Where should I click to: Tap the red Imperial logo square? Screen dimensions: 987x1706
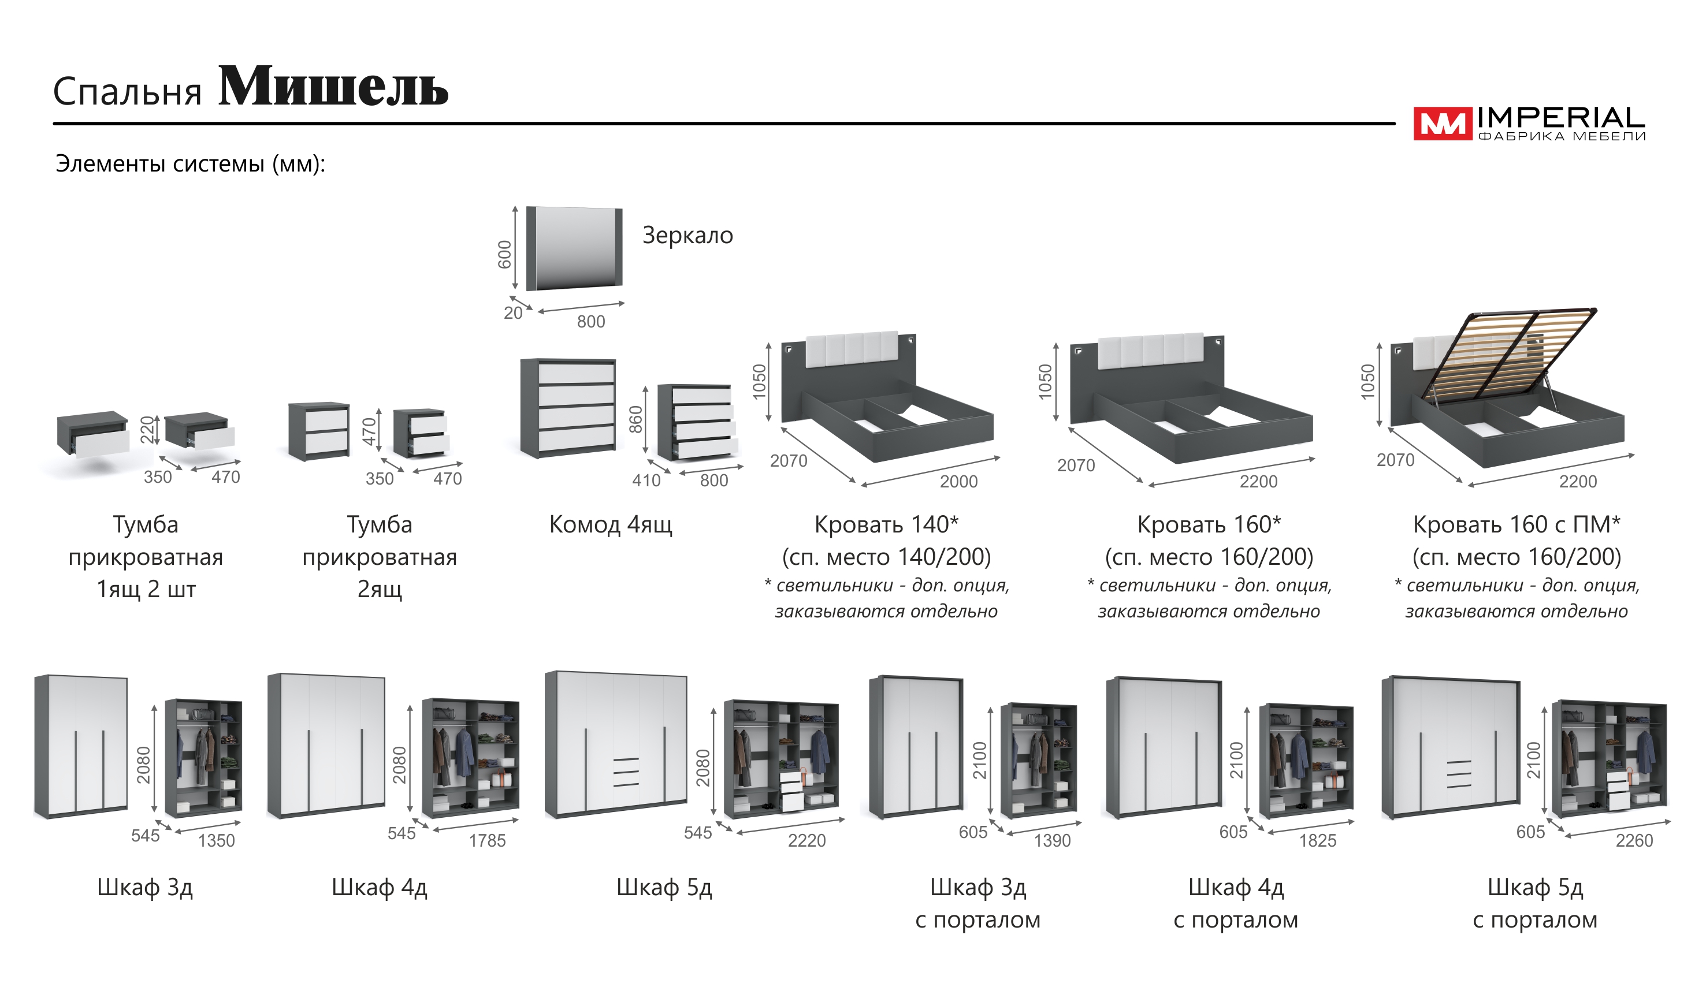1441,124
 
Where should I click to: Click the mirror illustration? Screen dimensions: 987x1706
574,248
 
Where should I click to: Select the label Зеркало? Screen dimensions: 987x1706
687,236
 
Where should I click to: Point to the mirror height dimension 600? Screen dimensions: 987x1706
504,255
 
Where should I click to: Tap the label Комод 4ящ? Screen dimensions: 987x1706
610,524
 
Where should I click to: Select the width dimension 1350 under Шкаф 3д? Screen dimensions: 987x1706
216,841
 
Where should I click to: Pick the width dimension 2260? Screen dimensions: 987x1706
1634,841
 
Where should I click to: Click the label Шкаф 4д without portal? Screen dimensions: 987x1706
379,888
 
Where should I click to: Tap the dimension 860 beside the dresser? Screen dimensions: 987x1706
635,420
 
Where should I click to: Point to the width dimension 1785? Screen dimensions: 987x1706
487,841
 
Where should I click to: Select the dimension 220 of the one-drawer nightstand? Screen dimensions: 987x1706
147,429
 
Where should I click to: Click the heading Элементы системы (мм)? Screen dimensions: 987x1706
190,164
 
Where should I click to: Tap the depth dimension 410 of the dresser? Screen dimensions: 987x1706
646,481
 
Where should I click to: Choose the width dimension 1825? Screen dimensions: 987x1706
1317,841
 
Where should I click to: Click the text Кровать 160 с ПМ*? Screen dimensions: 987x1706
1517,524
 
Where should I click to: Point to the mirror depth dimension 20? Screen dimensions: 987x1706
512,314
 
